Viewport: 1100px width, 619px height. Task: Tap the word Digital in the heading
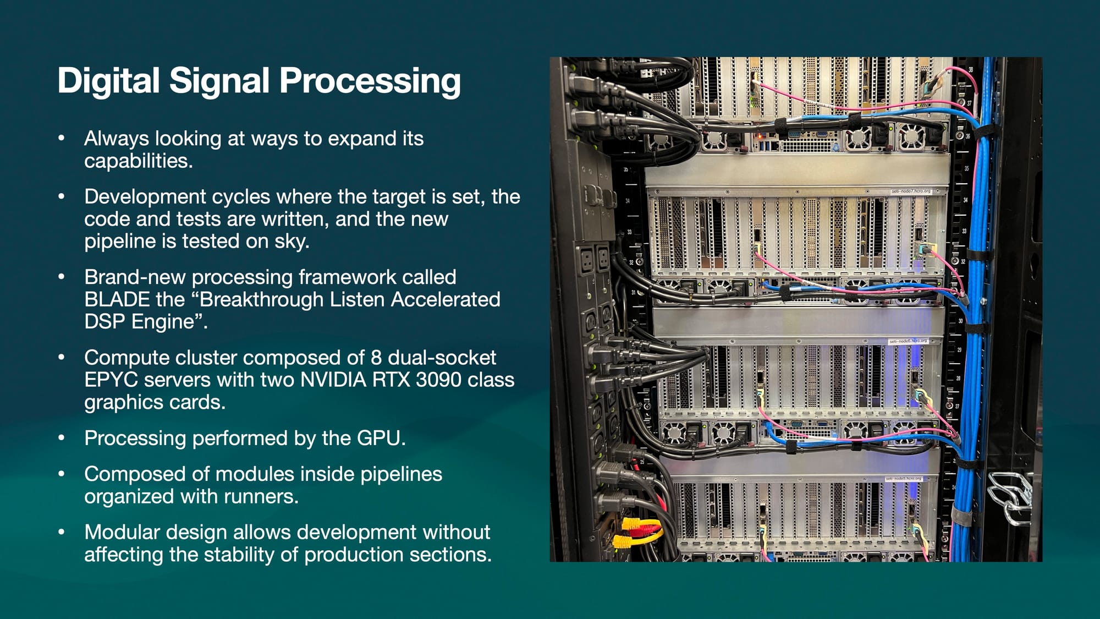coord(108,80)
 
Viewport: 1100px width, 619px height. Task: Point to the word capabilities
coord(137,161)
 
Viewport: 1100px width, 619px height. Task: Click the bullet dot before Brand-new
coord(62,277)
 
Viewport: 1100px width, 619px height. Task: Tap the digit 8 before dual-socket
coord(376,358)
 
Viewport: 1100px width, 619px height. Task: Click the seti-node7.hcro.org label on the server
coord(911,191)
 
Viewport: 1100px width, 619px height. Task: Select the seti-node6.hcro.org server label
coord(908,341)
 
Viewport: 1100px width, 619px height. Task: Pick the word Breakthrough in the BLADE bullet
coord(291,299)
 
